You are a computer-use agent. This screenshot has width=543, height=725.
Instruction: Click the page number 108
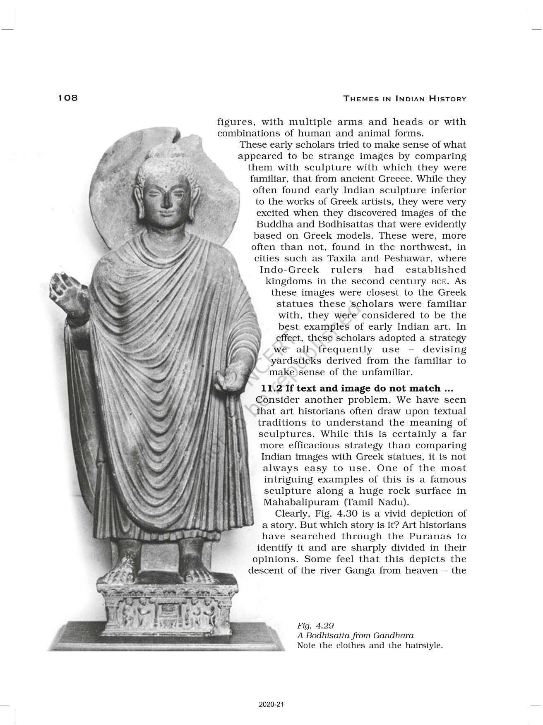pyautogui.click(x=68, y=98)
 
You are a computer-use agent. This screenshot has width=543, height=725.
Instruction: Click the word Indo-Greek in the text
pyautogui.click(x=289, y=270)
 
